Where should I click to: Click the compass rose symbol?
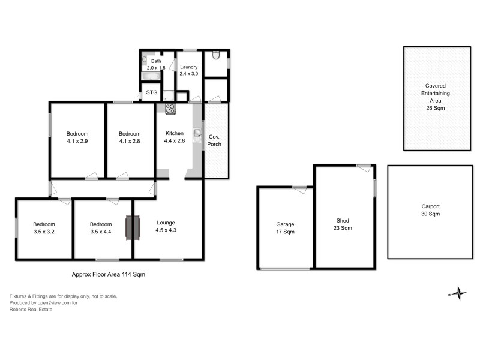click(x=458, y=293)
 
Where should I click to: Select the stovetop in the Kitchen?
click(x=170, y=109)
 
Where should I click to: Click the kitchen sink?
click(x=197, y=134)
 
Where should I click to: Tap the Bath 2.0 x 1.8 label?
click(x=155, y=65)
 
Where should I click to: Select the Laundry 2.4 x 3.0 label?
click(x=189, y=70)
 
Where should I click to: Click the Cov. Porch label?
click(x=214, y=140)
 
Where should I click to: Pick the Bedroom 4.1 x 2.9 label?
click(x=77, y=137)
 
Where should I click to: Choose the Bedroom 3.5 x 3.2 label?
click(x=44, y=228)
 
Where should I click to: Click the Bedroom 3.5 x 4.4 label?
click(x=101, y=228)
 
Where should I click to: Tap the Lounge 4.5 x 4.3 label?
click(x=166, y=226)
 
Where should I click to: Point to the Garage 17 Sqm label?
click(x=285, y=228)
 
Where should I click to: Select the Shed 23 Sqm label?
click(x=343, y=224)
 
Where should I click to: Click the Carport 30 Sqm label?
click(x=430, y=210)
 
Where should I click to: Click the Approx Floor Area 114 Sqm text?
click(x=108, y=274)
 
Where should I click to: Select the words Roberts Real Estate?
click(x=31, y=310)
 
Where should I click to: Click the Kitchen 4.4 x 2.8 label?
click(x=174, y=137)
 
